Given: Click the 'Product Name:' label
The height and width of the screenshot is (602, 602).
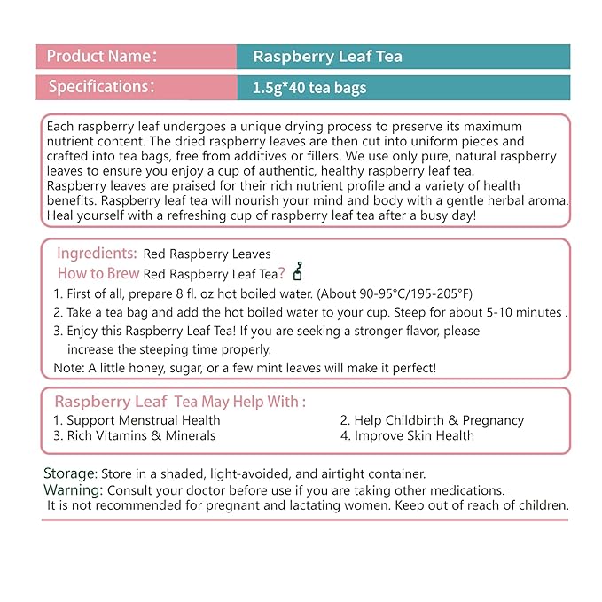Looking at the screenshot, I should [101, 57].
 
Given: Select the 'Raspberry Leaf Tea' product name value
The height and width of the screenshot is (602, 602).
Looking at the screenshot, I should [327, 57].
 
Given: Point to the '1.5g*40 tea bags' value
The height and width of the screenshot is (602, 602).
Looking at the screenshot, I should [309, 88].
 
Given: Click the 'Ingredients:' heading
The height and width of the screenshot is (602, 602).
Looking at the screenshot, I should [96, 254].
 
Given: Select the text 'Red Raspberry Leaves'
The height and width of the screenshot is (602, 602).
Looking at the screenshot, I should [207, 254].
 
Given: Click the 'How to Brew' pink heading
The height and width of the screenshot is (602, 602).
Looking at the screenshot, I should [98, 273].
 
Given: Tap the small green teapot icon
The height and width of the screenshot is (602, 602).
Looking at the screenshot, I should [298, 271].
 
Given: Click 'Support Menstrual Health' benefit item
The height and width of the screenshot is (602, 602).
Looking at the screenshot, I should [143, 420].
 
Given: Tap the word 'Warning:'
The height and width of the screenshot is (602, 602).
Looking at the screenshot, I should [73, 489].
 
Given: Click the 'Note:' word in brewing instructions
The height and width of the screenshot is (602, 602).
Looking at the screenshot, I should [68, 367].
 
